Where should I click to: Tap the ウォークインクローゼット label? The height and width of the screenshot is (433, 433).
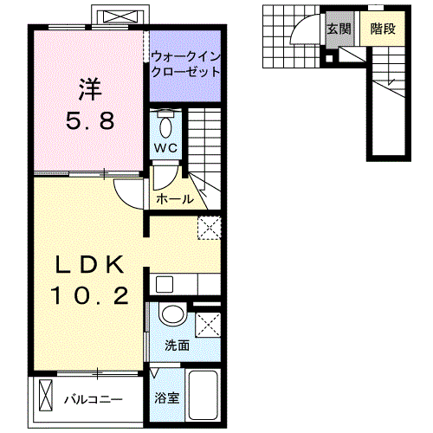(x=186, y=65)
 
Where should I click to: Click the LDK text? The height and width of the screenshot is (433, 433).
(x=91, y=263)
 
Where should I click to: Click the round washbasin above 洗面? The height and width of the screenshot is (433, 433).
(x=171, y=316)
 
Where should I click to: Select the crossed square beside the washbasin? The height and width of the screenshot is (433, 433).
(x=208, y=325)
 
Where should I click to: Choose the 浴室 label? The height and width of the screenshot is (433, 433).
(x=166, y=398)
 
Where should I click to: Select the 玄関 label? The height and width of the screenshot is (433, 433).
(x=338, y=29)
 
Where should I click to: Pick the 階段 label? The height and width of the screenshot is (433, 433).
(x=382, y=29)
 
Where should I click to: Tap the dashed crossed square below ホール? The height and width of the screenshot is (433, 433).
(x=209, y=228)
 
